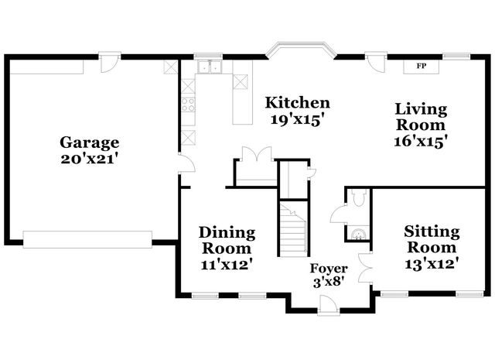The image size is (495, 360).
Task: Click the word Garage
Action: [90, 142]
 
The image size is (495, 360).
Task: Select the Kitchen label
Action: [298, 103]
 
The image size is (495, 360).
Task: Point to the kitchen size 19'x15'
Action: [296, 119]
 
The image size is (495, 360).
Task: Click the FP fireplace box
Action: [422, 67]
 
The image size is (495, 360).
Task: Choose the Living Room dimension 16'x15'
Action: [421, 142]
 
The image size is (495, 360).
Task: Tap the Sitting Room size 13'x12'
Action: [432, 263]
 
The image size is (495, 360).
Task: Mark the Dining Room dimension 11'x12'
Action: [225, 264]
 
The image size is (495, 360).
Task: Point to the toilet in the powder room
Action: [357, 199]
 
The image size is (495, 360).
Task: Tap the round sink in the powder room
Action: [357, 232]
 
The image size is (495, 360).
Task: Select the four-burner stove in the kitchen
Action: [188, 104]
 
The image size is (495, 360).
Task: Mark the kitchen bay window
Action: [301, 51]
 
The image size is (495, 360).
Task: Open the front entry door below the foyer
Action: [328, 305]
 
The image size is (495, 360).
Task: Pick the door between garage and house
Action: [185, 163]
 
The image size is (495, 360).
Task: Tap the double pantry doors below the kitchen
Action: [254, 153]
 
